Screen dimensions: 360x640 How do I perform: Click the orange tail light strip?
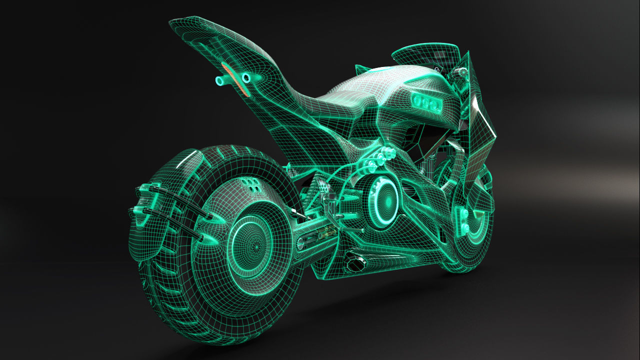(x=234, y=79)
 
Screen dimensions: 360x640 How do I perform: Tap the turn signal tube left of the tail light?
(x=221, y=80)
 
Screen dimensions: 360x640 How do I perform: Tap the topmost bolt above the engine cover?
(x=387, y=150)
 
